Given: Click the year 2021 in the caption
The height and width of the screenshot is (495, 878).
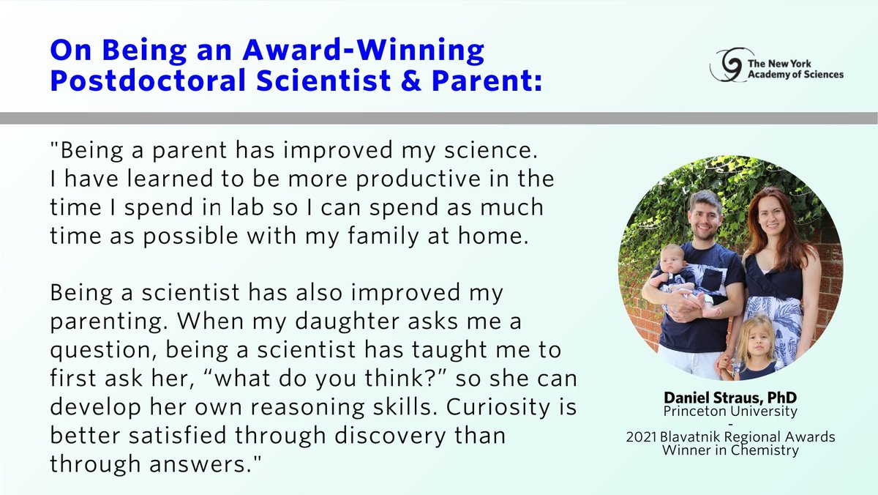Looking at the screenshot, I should (642, 438).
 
